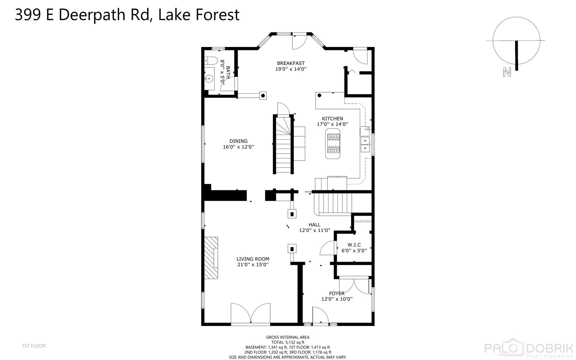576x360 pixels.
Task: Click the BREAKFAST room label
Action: (x=290, y=63)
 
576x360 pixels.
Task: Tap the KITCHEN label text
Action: (x=332, y=119)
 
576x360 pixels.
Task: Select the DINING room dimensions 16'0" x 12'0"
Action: (x=239, y=147)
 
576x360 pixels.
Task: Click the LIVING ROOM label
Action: (x=253, y=259)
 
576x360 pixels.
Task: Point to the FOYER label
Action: (x=336, y=293)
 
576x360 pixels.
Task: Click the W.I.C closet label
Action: (x=354, y=245)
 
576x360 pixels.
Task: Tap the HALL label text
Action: (x=314, y=225)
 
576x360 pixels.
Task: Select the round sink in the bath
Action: (x=209, y=79)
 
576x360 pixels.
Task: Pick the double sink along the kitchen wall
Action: (x=365, y=144)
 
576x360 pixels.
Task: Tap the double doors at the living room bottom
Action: (x=251, y=313)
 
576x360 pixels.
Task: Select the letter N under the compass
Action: (x=507, y=72)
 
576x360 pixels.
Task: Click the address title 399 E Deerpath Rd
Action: (x=127, y=15)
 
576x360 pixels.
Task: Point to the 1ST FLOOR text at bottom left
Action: (x=34, y=346)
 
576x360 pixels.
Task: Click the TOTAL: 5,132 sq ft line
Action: (x=288, y=342)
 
